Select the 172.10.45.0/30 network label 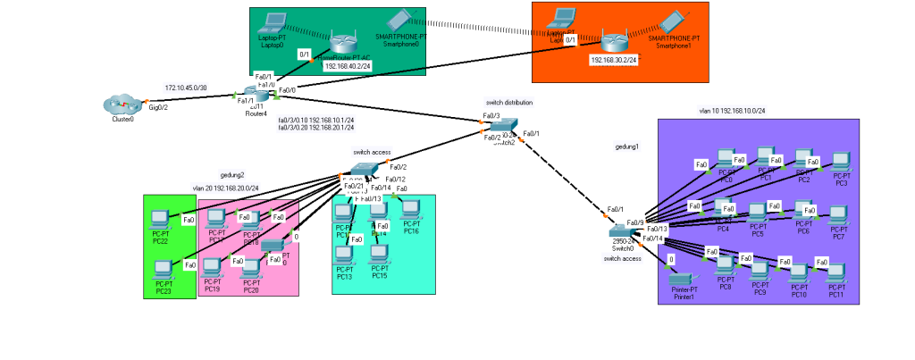pyautogui.click(x=186, y=88)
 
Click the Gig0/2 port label pyautogui.click(x=157, y=106)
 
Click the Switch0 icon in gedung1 pyautogui.click(x=622, y=230)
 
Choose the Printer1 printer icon pyautogui.click(x=683, y=280)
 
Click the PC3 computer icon pyautogui.click(x=839, y=163)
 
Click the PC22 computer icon pyautogui.click(x=160, y=219)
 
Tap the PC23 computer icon pyautogui.click(x=164, y=269)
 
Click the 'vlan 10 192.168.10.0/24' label pyautogui.click(x=732, y=111)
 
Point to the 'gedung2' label pyautogui.click(x=232, y=175)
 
